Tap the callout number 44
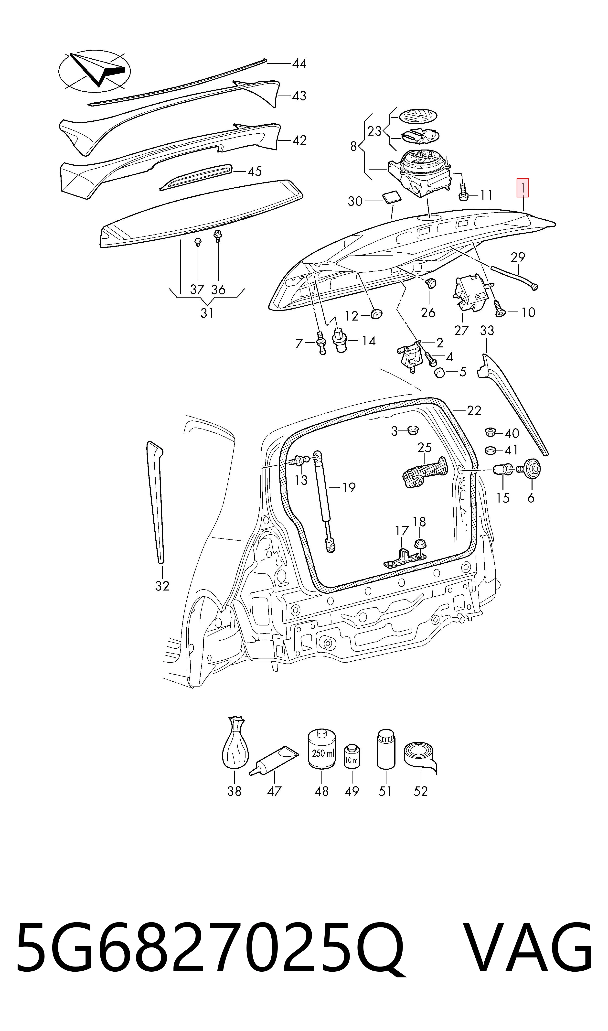point(299,64)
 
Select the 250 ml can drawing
point(322,750)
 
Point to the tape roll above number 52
point(420,758)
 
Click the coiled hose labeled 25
point(425,473)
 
